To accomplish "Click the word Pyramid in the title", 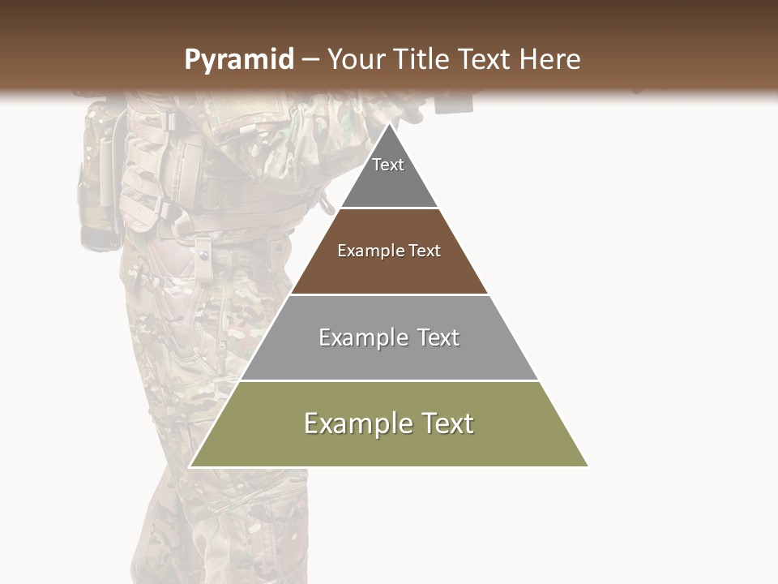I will (x=239, y=60).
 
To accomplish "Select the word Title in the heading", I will (x=421, y=59).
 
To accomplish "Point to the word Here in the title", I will (x=550, y=59).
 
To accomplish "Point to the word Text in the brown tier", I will (x=425, y=251).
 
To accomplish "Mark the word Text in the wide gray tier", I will (x=438, y=337).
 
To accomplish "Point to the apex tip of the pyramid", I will (x=389, y=124).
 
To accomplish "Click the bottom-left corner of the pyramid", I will (x=190, y=466).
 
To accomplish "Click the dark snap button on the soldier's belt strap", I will (x=203, y=256).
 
